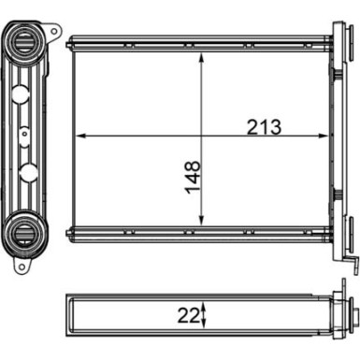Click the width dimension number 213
263,126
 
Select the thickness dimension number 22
190,315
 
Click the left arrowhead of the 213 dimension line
79,137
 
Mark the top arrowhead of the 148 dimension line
201,55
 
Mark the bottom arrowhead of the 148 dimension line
201,223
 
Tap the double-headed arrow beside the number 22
205,315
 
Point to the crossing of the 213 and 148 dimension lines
201,137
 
